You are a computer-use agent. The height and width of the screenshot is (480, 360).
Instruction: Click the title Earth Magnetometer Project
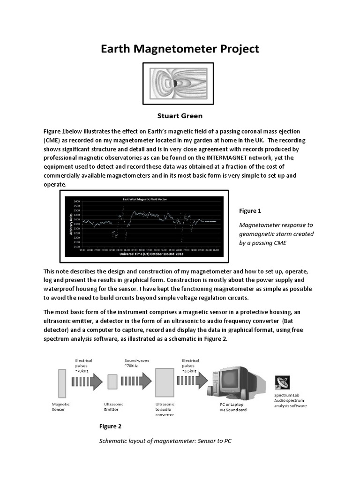180,49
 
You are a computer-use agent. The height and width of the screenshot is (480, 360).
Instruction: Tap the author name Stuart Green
180,115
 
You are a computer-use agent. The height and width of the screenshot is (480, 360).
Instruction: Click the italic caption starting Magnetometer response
276,234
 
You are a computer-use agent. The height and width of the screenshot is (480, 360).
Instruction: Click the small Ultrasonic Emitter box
112,382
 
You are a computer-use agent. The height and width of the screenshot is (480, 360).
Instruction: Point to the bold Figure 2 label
110,426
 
